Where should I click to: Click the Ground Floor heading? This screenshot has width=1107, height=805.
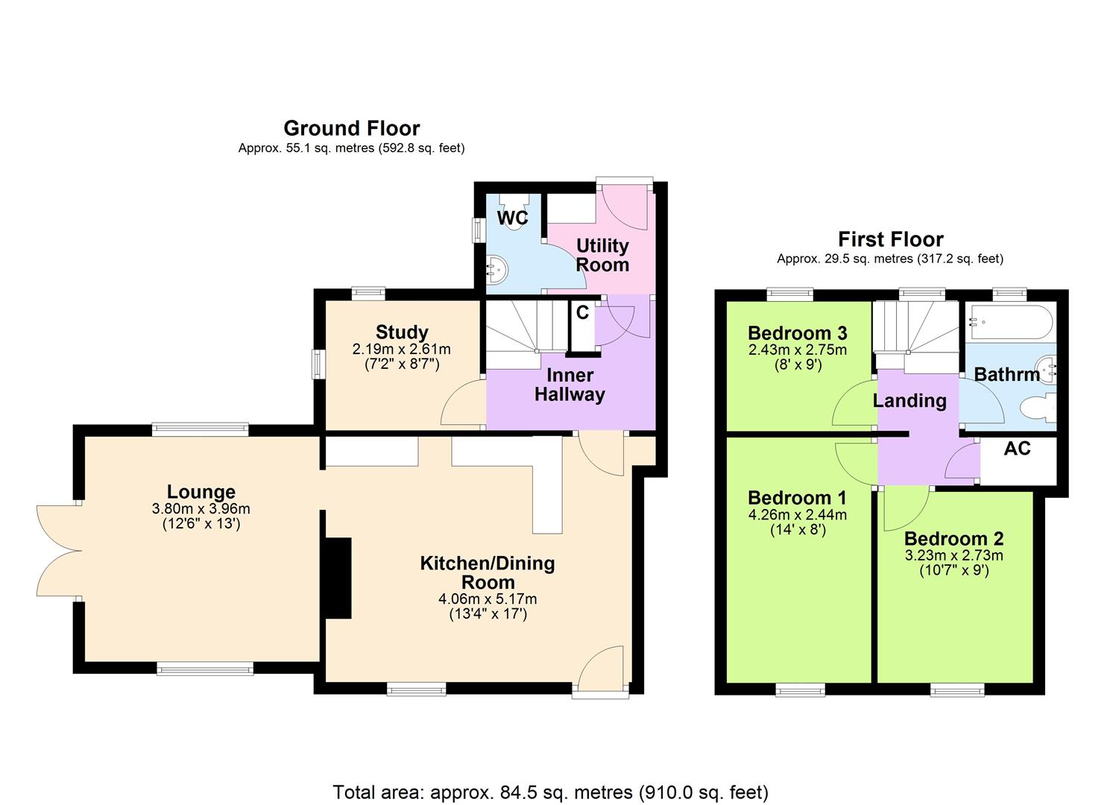351,128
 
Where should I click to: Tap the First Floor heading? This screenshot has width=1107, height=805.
890,239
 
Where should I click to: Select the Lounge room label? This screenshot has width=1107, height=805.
201,492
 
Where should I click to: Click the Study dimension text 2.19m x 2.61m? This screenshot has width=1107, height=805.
401,349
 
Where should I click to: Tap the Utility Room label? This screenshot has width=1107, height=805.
602,255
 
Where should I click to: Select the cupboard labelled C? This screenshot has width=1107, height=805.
582,314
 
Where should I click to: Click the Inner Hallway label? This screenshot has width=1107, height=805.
570,385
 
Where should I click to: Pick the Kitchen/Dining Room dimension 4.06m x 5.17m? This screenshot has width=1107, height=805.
488,599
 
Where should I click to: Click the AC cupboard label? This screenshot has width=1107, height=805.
1017,449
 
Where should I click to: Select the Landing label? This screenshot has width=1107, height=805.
909,401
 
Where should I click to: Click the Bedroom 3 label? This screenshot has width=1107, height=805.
797,333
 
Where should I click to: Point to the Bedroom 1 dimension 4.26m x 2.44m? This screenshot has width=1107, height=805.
797,515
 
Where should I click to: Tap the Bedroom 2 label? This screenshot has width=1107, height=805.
953,539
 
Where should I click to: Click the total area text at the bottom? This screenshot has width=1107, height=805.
550,792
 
